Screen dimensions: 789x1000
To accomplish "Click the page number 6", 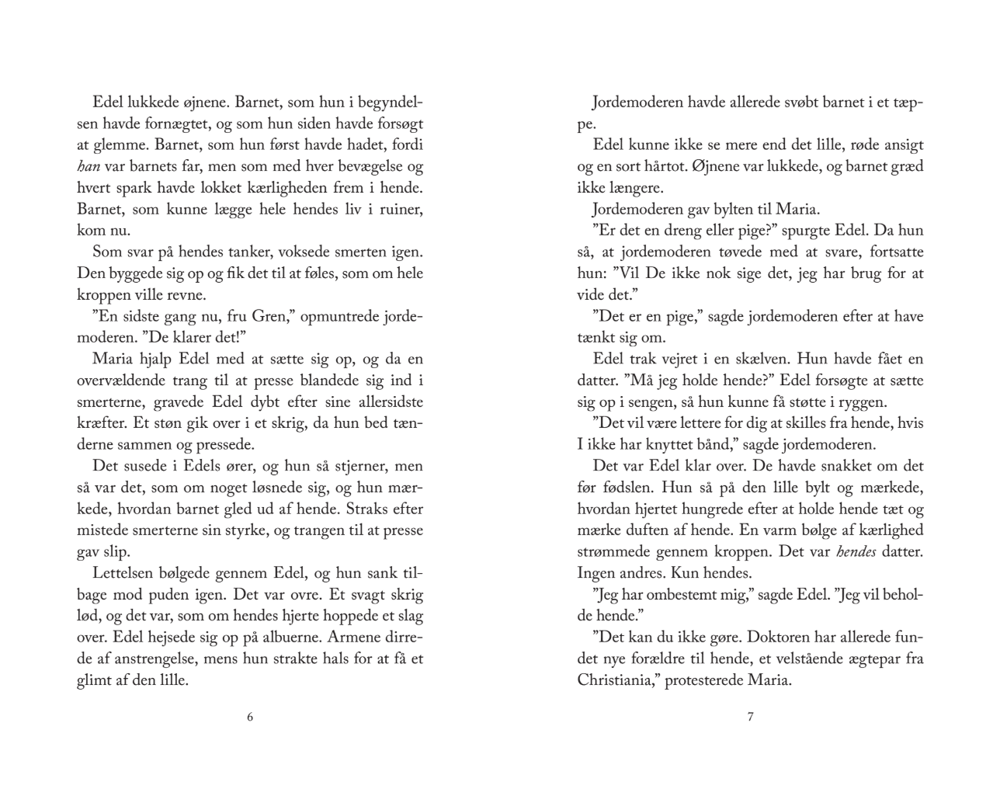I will [250, 717].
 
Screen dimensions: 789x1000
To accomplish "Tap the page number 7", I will [750, 717].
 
